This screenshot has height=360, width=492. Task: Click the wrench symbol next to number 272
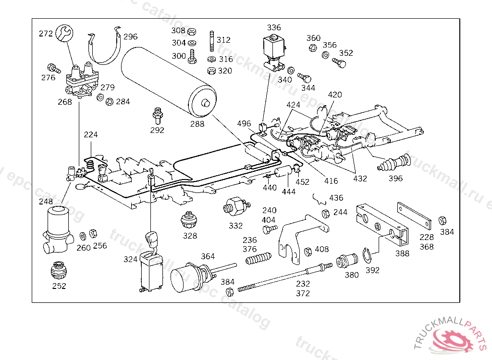(64, 33)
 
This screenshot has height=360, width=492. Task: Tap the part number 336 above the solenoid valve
(273, 27)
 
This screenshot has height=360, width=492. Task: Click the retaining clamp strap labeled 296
(105, 46)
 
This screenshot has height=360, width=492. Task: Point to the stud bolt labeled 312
(212, 41)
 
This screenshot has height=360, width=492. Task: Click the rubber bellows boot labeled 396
(394, 163)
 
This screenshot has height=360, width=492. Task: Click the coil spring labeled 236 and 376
(258, 258)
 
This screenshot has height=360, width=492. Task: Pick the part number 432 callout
(360, 179)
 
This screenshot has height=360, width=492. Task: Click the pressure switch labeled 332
(236, 207)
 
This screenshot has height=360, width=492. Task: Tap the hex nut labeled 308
(192, 32)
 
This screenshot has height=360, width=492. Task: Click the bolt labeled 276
(54, 68)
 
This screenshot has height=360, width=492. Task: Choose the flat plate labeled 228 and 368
(414, 216)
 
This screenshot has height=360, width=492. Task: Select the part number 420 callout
(335, 95)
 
